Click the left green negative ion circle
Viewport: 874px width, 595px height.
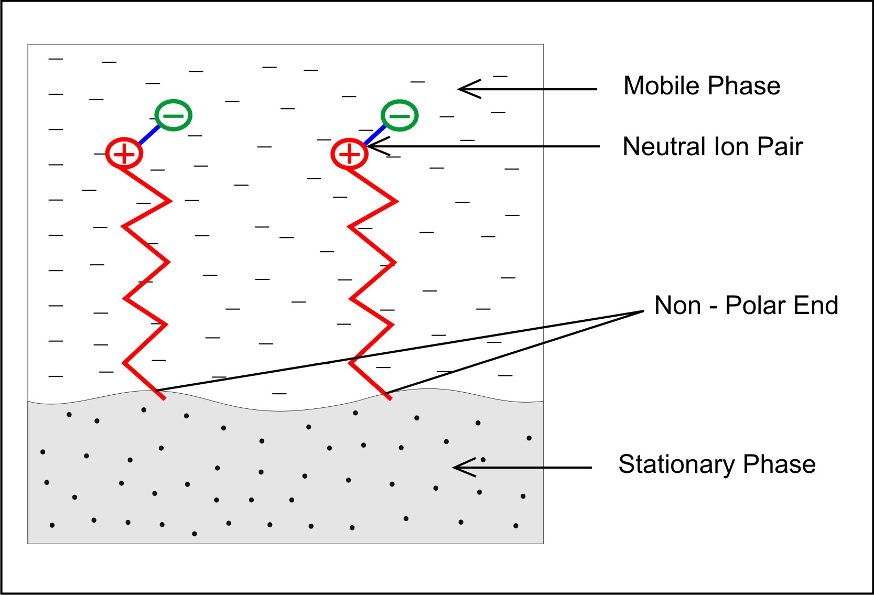coord(174,115)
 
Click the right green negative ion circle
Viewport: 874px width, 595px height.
coord(400,115)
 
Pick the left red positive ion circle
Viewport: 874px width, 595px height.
coord(124,154)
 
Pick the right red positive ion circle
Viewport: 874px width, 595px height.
coord(349,154)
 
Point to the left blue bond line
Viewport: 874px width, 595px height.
coord(149,134)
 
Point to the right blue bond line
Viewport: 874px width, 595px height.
coord(374,135)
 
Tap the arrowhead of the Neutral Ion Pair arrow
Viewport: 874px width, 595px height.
coord(371,146)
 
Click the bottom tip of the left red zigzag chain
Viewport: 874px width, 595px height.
coord(165,399)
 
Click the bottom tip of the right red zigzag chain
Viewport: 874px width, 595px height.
coord(391,399)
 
